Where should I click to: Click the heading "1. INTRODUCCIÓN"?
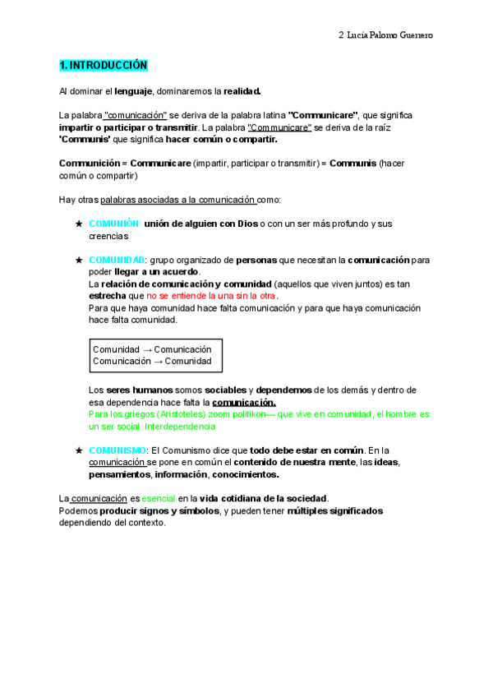coord(103,65)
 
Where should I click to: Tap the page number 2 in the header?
coord(341,35)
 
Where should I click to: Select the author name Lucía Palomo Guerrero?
coord(390,35)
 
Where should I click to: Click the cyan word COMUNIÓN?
coord(115,224)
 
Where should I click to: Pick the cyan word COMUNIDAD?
coord(117,260)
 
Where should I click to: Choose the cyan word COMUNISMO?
coord(117,450)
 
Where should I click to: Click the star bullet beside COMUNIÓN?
coord(78,224)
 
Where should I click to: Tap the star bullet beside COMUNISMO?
coord(78,450)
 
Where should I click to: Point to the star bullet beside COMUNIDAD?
coord(78,260)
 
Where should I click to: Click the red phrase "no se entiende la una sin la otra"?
coord(212,295)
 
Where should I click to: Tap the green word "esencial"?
coord(158,498)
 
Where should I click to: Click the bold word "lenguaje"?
coord(134,90)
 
